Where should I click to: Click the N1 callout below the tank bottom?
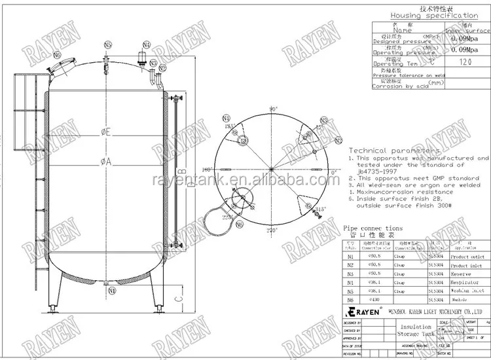pos(111,290)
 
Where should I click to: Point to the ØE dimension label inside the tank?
pos(105,132)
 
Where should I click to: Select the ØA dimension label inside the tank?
pos(105,162)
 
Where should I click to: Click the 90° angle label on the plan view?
pos(273,109)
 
